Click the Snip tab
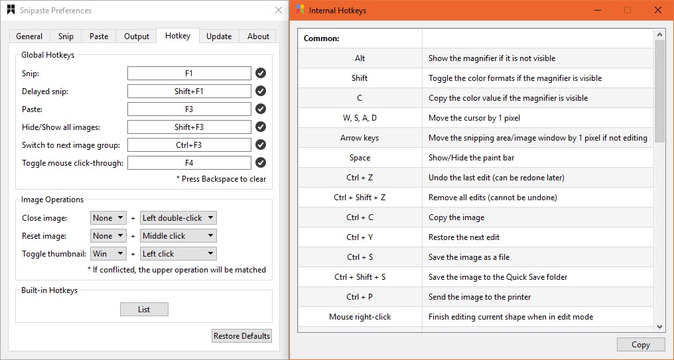click(x=66, y=36)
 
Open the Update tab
click(x=219, y=36)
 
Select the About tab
click(x=258, y=36)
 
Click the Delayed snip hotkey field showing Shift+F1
click(x=189, y=91)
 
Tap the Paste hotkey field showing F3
click(x=189, y=109)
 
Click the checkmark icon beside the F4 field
click(x=261, y=162)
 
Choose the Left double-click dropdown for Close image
click(x=178, y=218)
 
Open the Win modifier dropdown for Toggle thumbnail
click(x=108, y=253)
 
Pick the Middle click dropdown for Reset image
click(x=178, y=236)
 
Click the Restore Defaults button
click(x=241, y=336)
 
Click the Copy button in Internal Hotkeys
click(x=640, y=345)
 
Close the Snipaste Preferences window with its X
click(x=278, y=11)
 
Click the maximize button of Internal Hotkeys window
click(x=628, y=11)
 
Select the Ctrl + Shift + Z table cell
click(x=360, y=198)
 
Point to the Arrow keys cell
click(x=360, y=138)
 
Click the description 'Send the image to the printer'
click(x=480, y=297)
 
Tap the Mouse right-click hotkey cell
click(x=360, y=317)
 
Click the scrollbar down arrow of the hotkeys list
click(x=659, y=326)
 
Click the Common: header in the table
click(x=322, y=38)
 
